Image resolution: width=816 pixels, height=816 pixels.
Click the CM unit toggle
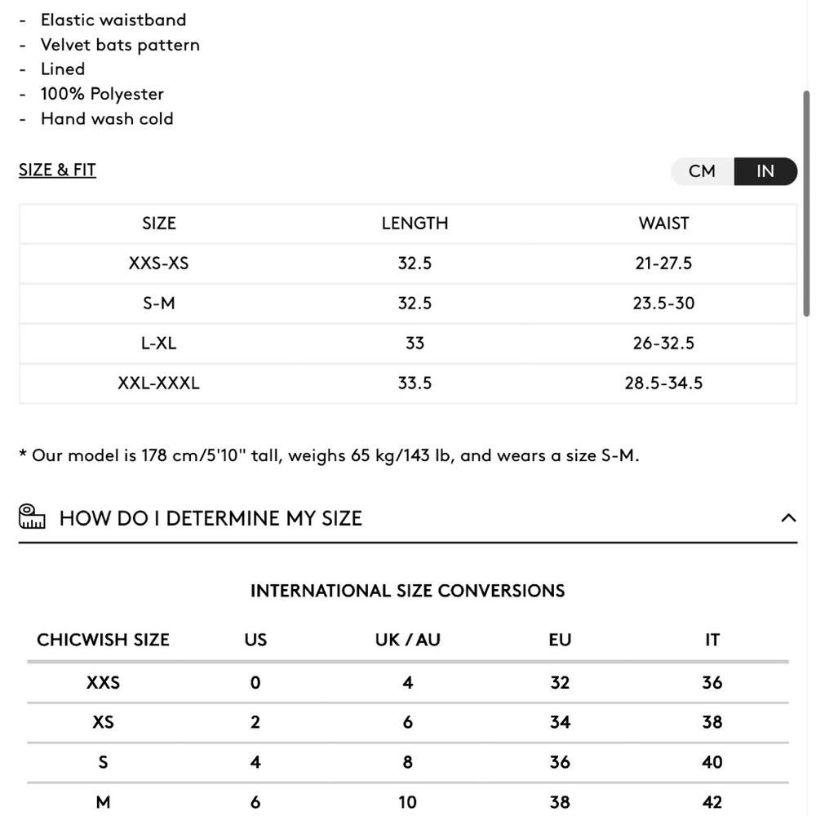coord(702,171)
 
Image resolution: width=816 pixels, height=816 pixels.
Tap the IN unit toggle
coord(765,171)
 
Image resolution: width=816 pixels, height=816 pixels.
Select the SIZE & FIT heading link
coord(57,170)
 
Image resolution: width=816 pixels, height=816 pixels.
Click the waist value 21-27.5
coord(663,264)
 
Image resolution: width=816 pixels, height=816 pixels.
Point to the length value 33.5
coord(415,384)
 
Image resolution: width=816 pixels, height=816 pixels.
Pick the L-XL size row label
coord(158,344)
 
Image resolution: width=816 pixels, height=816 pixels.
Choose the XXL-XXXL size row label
coord(158,384)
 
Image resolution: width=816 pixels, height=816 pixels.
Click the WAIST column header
coord(663,224)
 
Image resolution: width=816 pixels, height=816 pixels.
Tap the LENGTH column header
coord(415,224)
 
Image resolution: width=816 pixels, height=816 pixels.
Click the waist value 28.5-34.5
coord(663,384)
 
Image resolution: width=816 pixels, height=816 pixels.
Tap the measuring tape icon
coord(33,517)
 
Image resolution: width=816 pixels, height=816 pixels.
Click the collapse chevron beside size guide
coord(788,517)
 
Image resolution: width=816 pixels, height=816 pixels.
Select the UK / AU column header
coord(407,640)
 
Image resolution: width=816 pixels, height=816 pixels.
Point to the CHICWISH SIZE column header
coord(103,640)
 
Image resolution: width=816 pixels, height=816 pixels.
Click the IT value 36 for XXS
coord(712,683)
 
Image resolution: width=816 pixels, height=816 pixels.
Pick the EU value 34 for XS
coord(560,722)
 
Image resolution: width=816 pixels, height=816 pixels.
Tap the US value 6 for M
coord(255,802)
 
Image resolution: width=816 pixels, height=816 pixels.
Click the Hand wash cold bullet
coord(107,119)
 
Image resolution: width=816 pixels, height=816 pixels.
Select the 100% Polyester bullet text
coord(102,94)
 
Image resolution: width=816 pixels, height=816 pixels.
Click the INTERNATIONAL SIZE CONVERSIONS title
coord(407,591)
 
